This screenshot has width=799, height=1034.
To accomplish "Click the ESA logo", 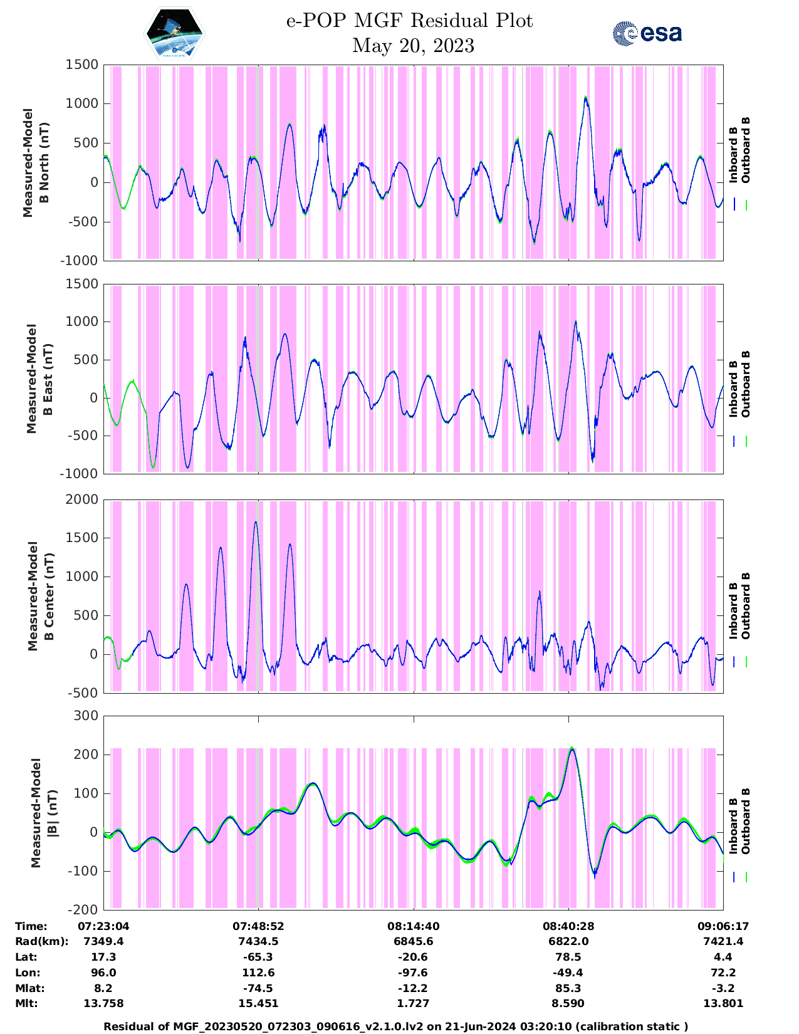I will click(x=647, y=33).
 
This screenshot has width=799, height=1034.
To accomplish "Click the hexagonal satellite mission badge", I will click(x=175, y=34).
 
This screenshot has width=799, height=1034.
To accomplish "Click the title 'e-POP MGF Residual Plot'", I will click(x=409, y=21).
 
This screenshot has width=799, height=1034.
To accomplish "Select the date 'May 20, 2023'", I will click(x=413, y=46).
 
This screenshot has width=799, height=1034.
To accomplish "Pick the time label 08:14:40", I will click(x=413, y=926).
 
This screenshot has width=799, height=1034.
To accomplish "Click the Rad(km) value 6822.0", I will click(x=568, y=941).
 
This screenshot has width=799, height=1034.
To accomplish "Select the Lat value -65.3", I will click(x=258, y=957).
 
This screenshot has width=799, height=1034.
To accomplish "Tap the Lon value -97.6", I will click(x=413, y=973).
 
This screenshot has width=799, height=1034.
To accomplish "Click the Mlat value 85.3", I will click(x=568, y=988).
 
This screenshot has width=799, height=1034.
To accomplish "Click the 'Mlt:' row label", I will click(x=26, y=1003).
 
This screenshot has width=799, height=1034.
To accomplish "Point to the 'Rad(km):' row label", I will click(x=41, y=941).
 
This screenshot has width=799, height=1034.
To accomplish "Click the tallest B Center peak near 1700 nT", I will click(x=256, y=522).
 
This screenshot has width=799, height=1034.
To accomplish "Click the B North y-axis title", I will click(x=36, y=162).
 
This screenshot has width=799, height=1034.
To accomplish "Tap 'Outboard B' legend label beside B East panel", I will click(x=746, y=384).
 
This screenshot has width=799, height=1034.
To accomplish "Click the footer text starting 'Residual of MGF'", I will click(x=395, y=1026).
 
